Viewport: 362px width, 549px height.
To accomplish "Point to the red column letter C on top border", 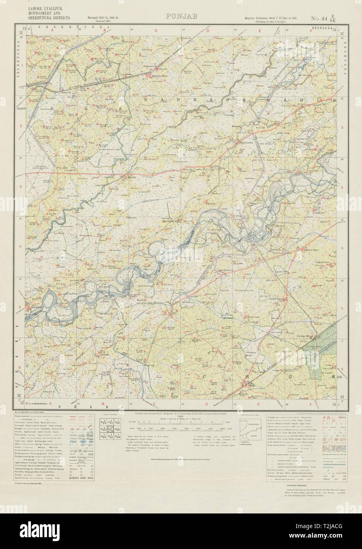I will click(156, 30).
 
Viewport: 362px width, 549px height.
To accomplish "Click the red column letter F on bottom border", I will click(311, 404).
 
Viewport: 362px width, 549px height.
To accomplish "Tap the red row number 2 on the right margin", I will click(342, 126).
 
